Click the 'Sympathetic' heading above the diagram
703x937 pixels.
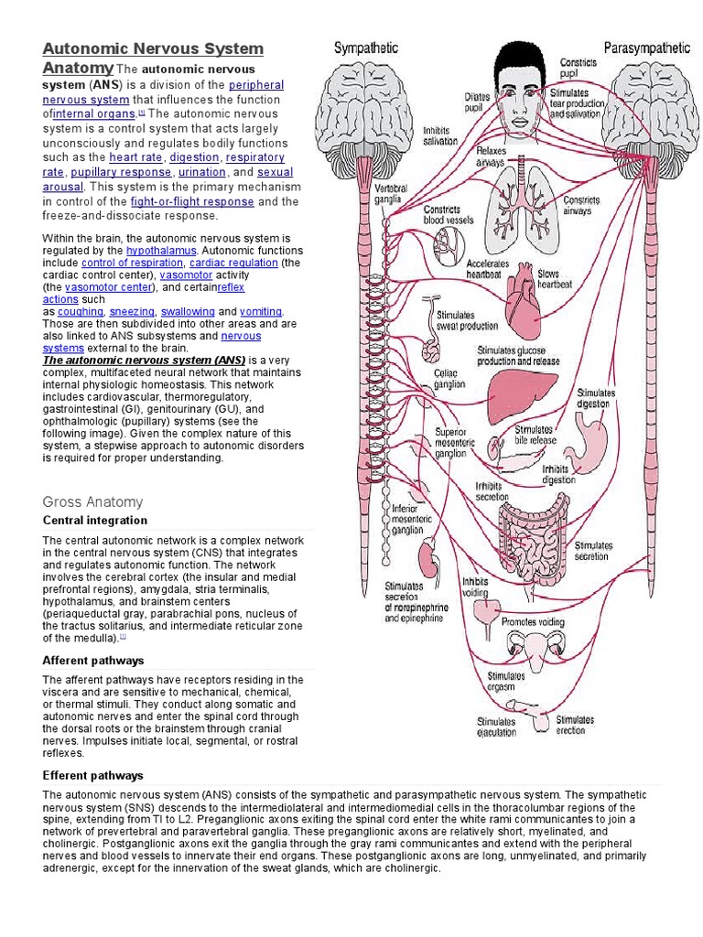(x=366, y=48)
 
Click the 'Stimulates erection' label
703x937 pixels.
(x=575, y=725)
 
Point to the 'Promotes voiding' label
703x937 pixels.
(x=533, y=622)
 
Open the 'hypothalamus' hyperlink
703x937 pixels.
(x=161, y=250)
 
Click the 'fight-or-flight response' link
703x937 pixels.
(x=191, y=201)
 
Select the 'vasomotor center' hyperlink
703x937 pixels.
(x=98, y=286)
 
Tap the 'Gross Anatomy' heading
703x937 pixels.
(x=92, y=501)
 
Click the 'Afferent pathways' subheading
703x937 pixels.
(x=93, y=660)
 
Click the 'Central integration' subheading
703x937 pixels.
(x=95, y=520)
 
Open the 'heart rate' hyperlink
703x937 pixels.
(x=136, y=157)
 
